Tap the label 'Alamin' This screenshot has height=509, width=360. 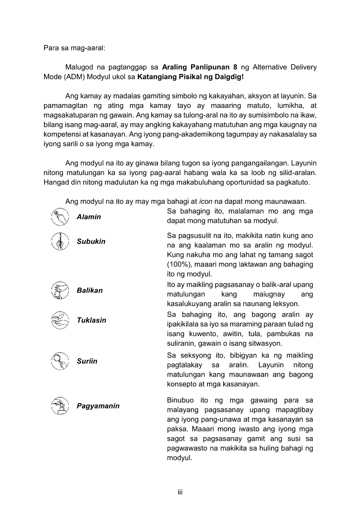pos(89,217)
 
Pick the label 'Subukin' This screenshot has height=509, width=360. pos(91,241)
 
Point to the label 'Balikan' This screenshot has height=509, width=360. pos(90,290)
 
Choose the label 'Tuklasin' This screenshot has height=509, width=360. pos(92,320)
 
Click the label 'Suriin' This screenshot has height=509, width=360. pos(87,361)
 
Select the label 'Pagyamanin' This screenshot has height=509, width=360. pos(98,406)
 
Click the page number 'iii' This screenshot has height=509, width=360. pos(180,492)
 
